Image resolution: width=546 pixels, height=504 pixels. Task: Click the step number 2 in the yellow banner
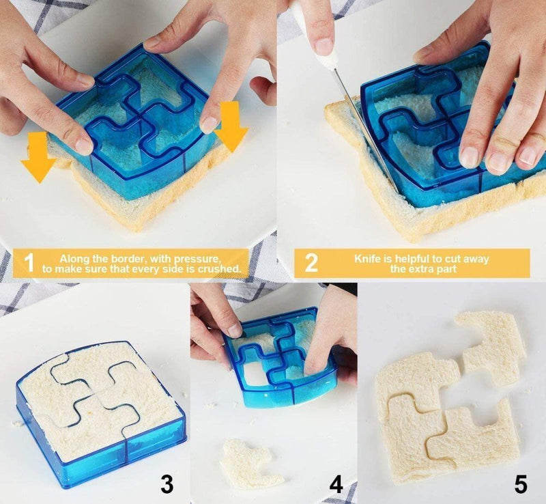(x=311, y=264)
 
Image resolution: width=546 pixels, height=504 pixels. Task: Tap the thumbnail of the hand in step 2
(x=470, y=157)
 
